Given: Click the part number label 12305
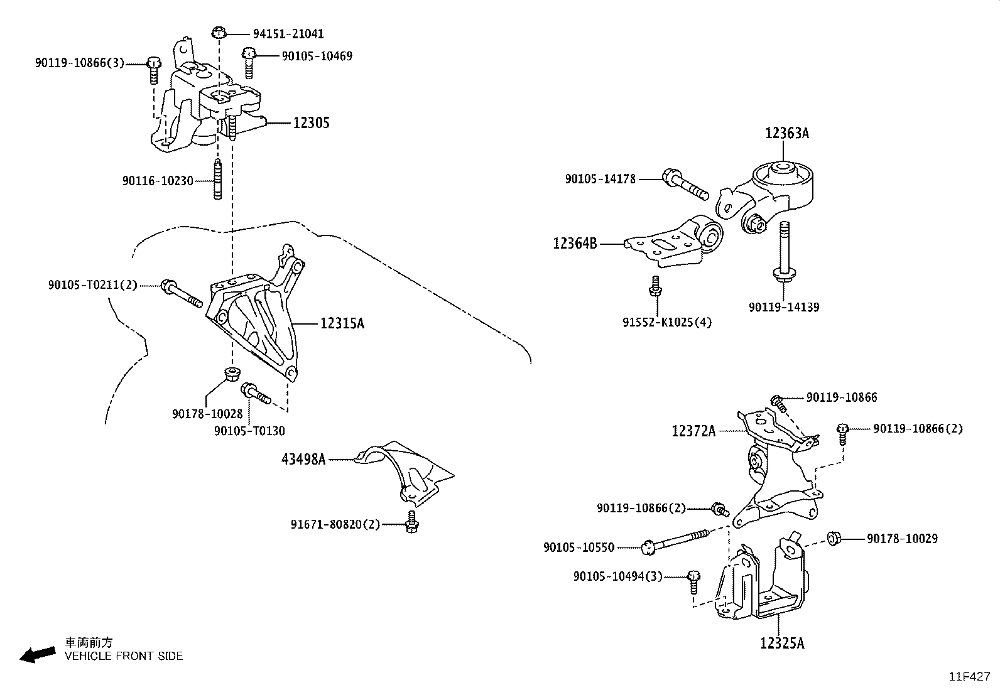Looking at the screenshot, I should (x=311, y=122).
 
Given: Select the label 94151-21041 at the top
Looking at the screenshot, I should (x=288, y=34).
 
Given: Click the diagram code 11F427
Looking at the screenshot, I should (x=969, y=676).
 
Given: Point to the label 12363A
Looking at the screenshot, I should (x=786, y=133).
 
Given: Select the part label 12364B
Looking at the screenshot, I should (x=575, y=243).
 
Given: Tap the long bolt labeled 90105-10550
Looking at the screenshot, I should (x=675, y=541).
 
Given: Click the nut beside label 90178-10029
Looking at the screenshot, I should (x=834, y=538).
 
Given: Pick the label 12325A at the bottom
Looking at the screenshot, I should (x=781, y=643).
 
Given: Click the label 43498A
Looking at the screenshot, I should (x=303, y=460).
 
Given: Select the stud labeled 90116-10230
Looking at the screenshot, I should (x=217, y=180).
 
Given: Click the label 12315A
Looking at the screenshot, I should (x=342, y=323).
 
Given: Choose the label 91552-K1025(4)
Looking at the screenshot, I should (x=667, y=323).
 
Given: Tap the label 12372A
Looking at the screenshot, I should (x=693, y=431).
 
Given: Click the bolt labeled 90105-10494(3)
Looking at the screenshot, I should (x=693, y=581).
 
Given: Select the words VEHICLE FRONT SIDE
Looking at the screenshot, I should (x=124, y=656).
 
